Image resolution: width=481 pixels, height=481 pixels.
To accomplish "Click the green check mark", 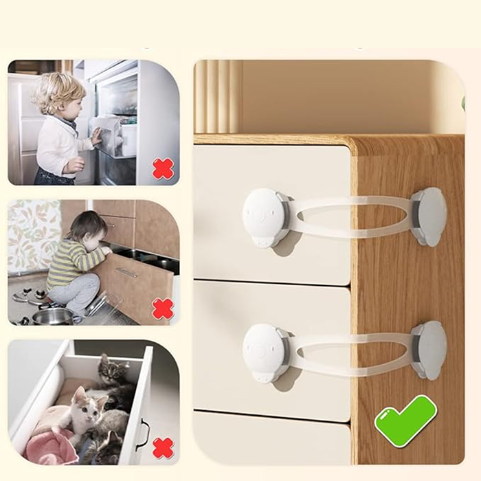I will [405, 421].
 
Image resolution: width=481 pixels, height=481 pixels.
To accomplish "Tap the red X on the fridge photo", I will [163, 168].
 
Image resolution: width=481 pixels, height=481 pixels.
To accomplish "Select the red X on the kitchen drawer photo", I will [163, 309].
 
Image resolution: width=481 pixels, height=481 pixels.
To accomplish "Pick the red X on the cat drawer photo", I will [163, 448].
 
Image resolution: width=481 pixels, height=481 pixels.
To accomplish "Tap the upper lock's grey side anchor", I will [429, 216].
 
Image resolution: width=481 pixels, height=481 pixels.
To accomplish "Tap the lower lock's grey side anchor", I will [429, 350].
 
